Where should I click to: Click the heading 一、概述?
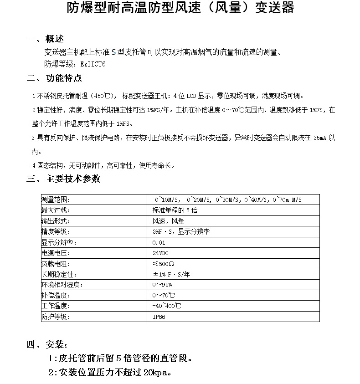point(45,39)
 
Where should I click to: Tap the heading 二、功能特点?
point(54,78)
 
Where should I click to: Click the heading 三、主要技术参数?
point(63,179)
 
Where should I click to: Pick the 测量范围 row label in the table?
point(56,200)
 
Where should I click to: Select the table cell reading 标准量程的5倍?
point(175,210)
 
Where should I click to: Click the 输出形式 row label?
point(56,221)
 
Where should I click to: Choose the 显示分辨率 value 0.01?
point(159,242)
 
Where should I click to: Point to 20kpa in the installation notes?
point(155,372)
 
